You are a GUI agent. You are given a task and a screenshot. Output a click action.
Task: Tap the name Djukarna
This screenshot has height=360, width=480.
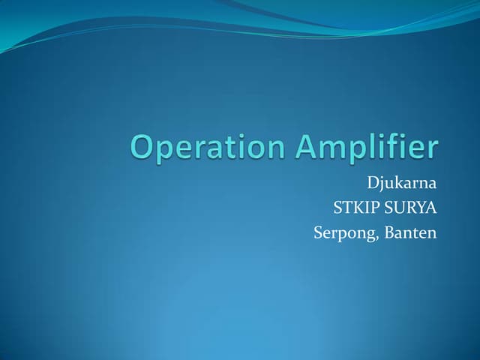click(x=401, y=181)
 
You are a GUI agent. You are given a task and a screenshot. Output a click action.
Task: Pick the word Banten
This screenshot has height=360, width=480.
click(x=410, y=233)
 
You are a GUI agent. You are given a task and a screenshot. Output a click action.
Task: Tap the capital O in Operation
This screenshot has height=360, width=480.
click(x=144, y=147)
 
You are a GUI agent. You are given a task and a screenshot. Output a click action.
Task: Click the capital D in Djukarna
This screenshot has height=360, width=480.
click(x=373, y=181)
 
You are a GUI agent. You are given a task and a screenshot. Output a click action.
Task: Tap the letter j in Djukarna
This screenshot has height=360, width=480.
click(x=382, y=183)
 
